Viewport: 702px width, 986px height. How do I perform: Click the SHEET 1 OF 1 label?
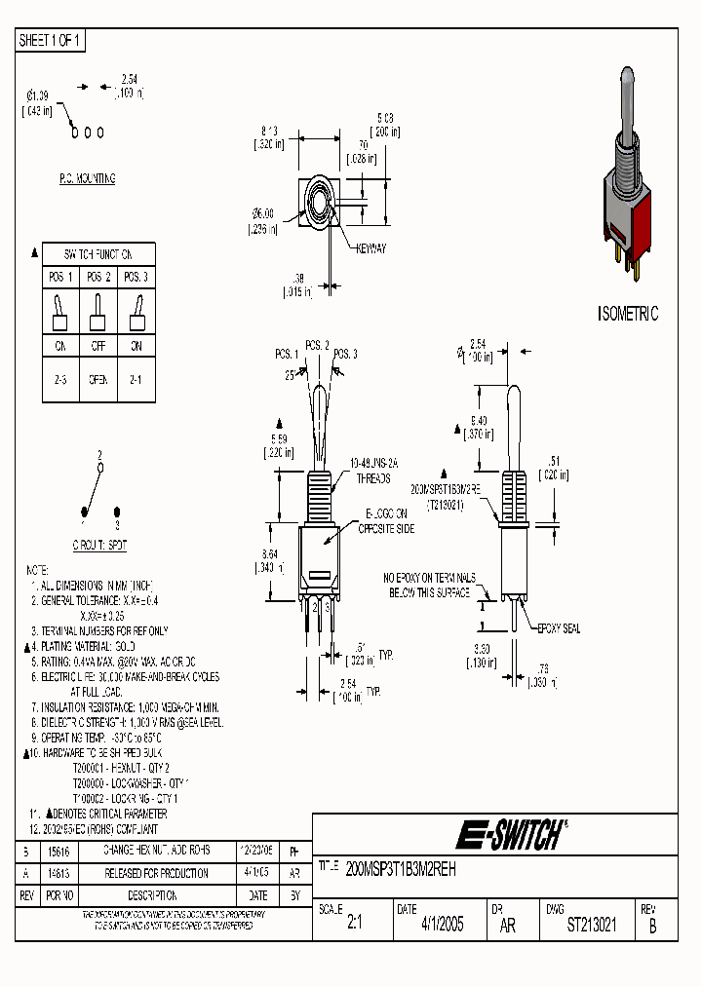click(51, 40)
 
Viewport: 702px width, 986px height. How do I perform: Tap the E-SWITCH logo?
click(509, 835)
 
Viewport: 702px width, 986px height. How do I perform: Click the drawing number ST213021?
click(592, 926)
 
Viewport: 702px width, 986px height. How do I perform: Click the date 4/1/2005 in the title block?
click(442, 926)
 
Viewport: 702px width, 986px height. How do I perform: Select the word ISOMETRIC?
click(627, 314)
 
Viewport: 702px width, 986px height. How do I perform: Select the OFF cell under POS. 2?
click(97, 346)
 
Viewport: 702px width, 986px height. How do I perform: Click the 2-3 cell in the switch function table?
click(59, 379)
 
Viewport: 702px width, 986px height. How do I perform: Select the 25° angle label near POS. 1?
click(290, 374)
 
